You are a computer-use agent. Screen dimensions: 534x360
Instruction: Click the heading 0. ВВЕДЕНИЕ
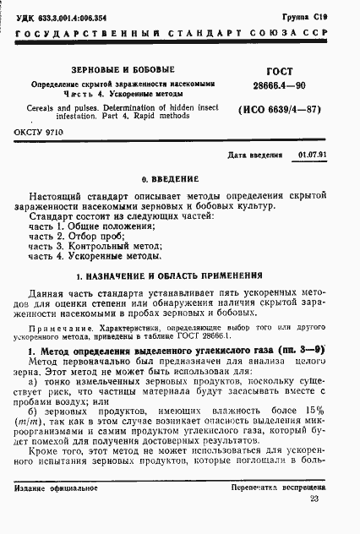click(x=170, y=180)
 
